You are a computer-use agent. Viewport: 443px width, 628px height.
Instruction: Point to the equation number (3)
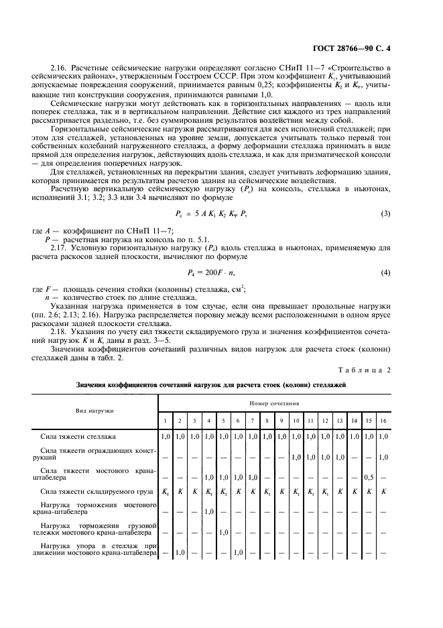click(385, 213)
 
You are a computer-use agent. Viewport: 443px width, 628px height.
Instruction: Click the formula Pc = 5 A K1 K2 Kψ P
click(213, 213)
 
